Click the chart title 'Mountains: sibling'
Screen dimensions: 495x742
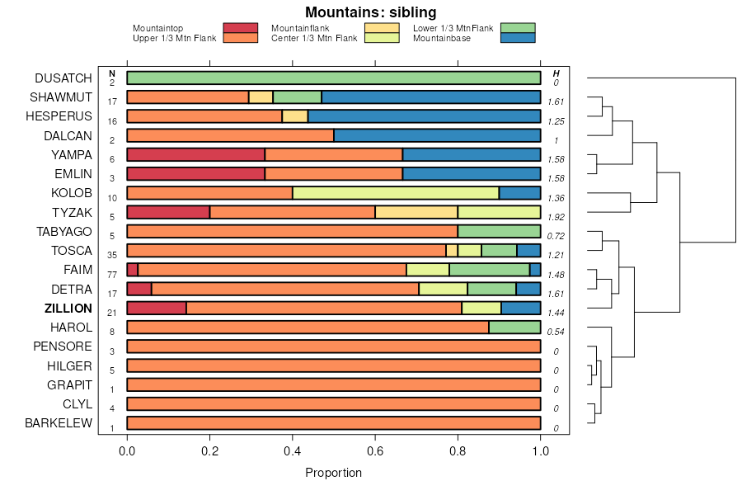[x=370, y=12]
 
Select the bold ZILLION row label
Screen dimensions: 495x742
[x=68, y=308]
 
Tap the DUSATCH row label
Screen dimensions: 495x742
[x=63, y=78]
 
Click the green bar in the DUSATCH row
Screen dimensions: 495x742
[x=333, y=78]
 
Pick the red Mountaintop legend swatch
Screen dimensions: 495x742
[x=241, y=28]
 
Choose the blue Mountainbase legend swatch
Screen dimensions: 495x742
[x=518, y=38]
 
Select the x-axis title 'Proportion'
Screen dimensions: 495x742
[x=333, y=473]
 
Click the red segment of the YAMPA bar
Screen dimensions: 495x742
[x=195, y=154]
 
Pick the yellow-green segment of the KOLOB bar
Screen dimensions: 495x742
[x=396, y=193]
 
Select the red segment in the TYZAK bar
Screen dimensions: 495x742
[x=168, y=212]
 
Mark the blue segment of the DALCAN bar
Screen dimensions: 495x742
[x=437, y=135]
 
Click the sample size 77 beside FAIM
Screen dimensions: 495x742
[x=112, y=274]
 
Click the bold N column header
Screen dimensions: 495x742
[x=112, y=73]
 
